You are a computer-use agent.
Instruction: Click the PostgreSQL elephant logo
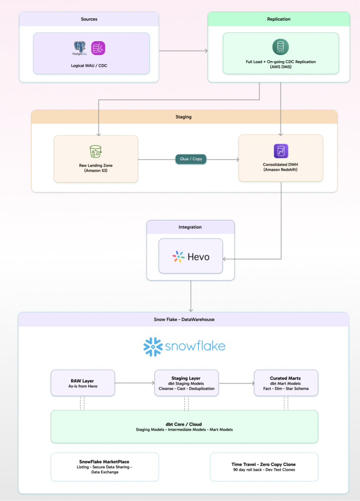tap(80, 48)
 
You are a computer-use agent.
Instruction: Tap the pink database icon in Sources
tap(98, 48)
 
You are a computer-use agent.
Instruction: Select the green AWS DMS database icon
tap(280, 47)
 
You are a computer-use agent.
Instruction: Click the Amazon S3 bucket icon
tap(96, 151)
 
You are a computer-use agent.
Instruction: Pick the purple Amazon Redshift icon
tap(280, 151)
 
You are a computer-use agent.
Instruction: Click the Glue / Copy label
tap(191, 159)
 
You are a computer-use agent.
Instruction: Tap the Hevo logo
tap(191, 256)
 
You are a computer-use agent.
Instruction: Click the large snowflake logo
tap(184, 346)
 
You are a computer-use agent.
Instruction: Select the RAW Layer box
tap(83, 383)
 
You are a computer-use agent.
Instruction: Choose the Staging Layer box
tap(186, 383)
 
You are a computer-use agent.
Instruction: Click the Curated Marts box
tap(286, 383)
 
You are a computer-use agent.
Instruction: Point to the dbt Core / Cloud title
tap(184, 424)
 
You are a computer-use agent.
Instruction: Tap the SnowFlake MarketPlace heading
tap(104, 462)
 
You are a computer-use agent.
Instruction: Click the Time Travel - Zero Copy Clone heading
tap(264, 464)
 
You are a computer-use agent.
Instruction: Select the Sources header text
tap(89, 19)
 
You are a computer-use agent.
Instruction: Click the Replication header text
tap(278, 19)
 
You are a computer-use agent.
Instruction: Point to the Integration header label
tap(190, 227)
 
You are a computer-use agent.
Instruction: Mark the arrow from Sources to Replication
tap(183, 51)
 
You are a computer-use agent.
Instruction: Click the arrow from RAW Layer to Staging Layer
tap(135, 383)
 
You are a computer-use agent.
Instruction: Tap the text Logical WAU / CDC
tap(91, 66)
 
